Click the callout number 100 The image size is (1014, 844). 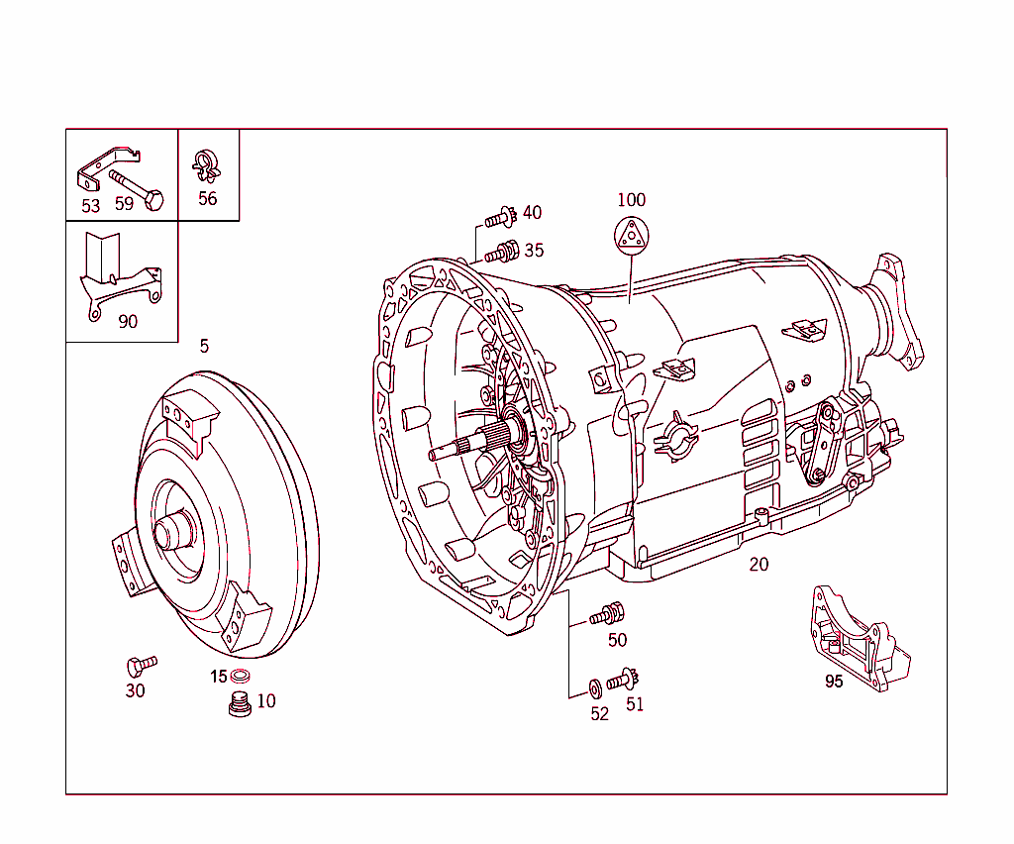pyautogui.click(x=631, y=199)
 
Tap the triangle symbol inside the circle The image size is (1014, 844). pyautogui.click(x=631, y=236)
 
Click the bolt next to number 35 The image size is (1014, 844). pyautogui.click(x=504, y=252)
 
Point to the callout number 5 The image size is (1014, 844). pyautogui.click(x=204, y=346)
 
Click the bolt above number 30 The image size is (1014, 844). pyautogui.click(x=141, y=664)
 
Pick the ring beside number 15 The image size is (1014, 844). pyautogui.click(x=241, y=677)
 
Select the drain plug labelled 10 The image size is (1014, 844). pyautogui.click(x=238, y=706)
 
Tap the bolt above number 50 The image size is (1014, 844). pyautogui.click(x=605, y=615)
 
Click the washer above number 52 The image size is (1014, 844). pyautogui.click(x=594, y=686)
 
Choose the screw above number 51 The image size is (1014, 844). pyautogui.click(x=622, y=681)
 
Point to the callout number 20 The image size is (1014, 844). pyautogui.click(x=759, y=565)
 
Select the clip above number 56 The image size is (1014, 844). pyautogui.click(x=206, y=164)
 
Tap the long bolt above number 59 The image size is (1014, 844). pyautogui.click(x=136, y=188)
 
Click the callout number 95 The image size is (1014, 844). pyautogui.click(x=835, y=682)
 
